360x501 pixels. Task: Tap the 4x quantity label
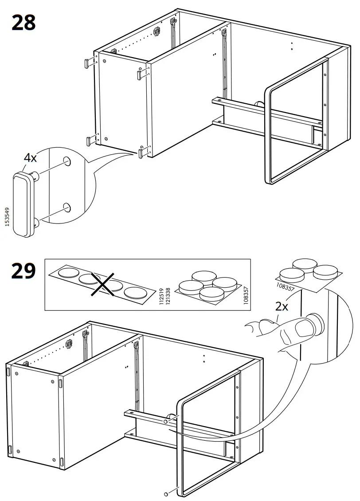click(x=30, y=157)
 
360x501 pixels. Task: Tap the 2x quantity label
click(x=281, y=306)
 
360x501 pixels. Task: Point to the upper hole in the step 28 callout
click(x=67, y=161)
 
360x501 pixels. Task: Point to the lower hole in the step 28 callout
click(x=67, y=207)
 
